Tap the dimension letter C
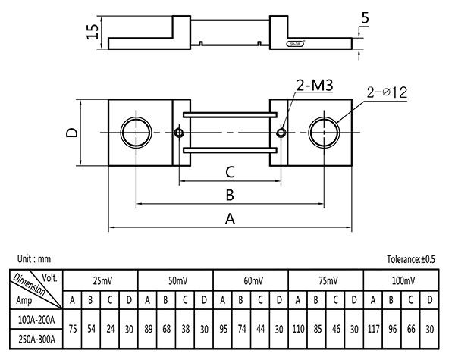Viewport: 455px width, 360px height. coord(230,172)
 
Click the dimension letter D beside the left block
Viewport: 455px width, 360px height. coord(71,133)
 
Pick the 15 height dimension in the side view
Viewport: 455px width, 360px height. coord(93,31)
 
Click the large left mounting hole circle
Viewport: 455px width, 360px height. coord(136,133)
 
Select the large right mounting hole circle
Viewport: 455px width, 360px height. coord(325,133)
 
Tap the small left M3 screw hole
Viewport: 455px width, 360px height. coord(179,133)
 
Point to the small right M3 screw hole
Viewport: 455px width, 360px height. coord(282,133)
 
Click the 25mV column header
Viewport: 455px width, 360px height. coord(102,280)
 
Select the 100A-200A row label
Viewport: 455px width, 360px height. coord(36,320)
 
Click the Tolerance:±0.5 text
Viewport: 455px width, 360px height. coord(412,259)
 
